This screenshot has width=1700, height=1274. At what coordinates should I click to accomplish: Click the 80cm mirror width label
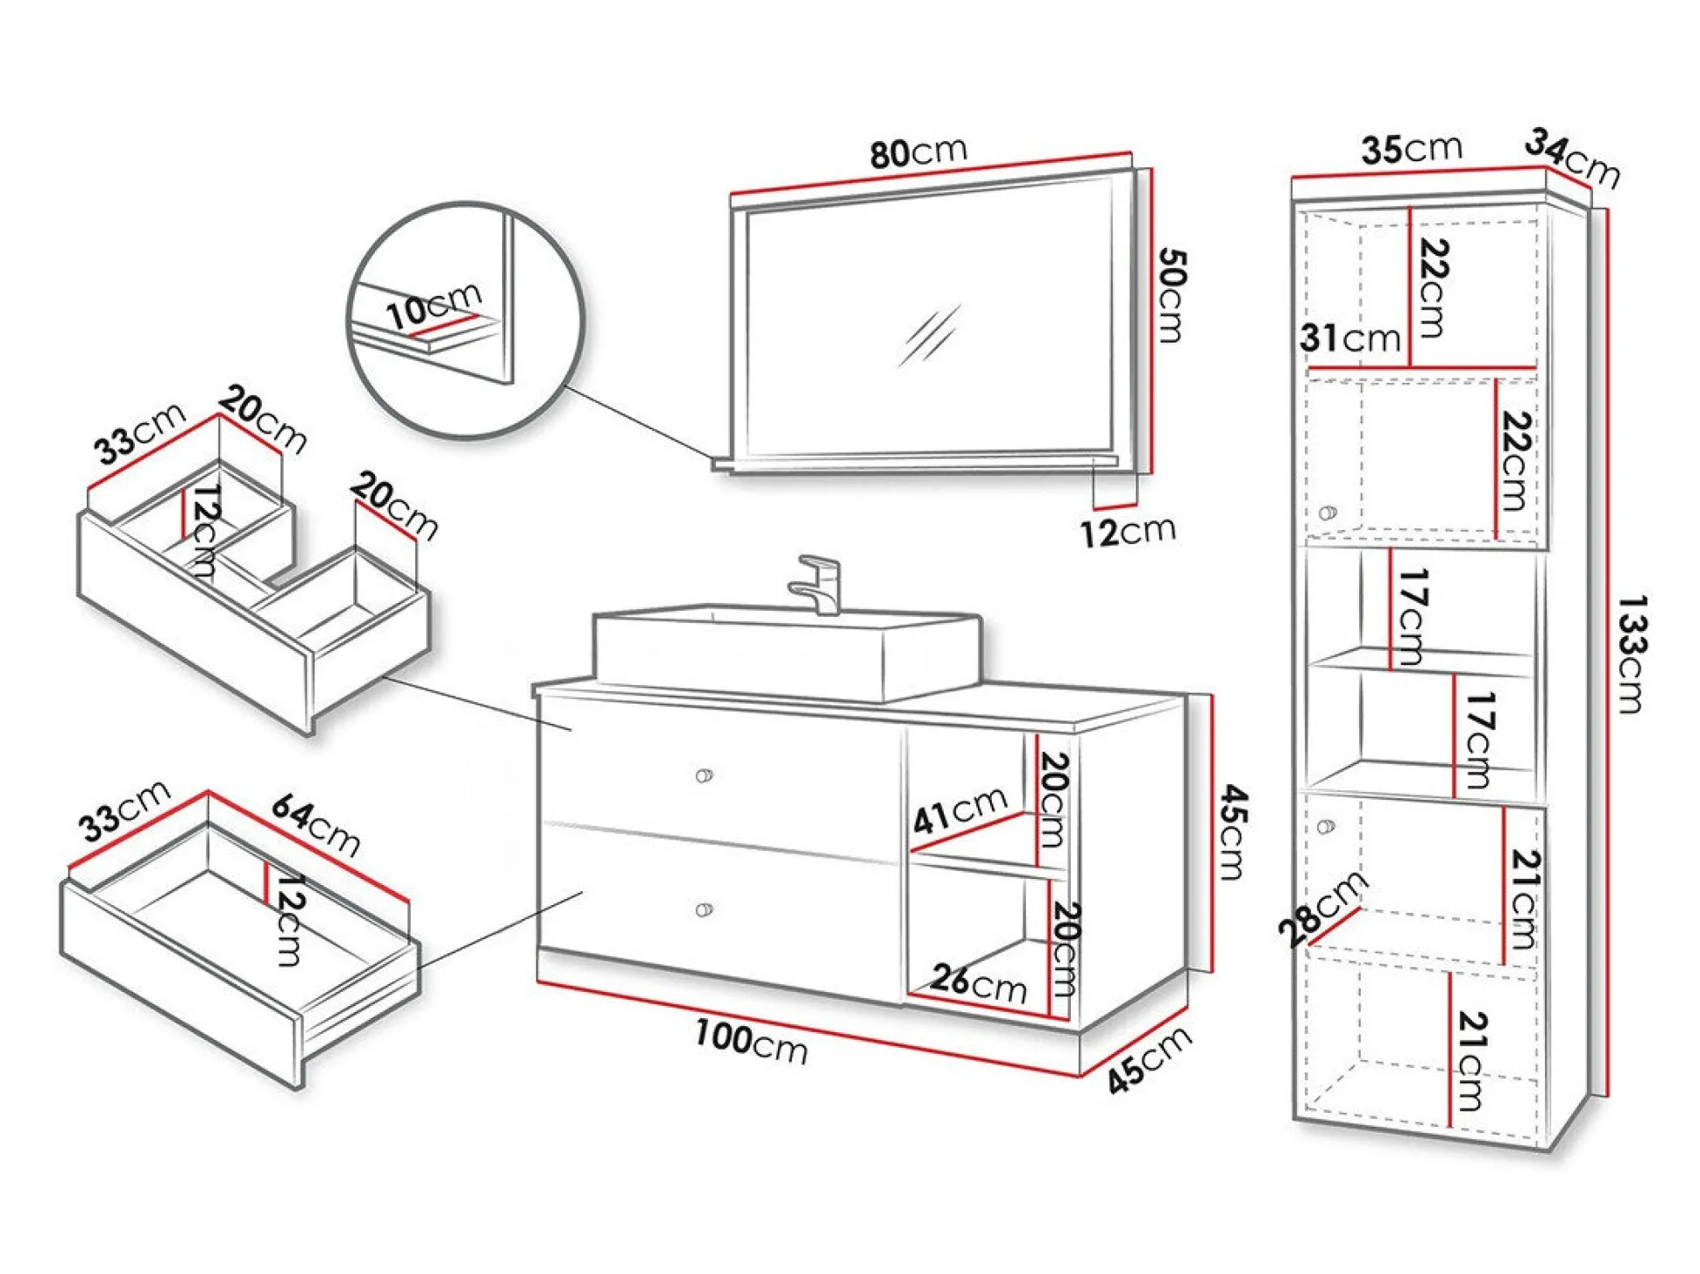(917, 152)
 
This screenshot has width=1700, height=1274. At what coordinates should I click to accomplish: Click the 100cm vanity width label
(750, 1041)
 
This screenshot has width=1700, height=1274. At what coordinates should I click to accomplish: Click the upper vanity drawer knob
(703, 775)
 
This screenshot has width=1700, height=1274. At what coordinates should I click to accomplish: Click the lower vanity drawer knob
(703, 910)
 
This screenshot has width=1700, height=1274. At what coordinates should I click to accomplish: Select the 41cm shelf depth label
(960, 810)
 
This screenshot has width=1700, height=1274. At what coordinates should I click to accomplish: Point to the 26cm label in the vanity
(978, 983)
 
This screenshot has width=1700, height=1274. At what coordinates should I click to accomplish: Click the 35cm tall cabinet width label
(1411, 149)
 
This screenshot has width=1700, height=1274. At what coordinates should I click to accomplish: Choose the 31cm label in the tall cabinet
(1349, 337)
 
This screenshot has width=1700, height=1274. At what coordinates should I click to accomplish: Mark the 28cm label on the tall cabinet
(1321, 908)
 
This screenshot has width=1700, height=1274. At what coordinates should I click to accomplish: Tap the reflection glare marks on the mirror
(930, 335)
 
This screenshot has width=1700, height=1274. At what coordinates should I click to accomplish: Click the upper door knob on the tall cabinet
(1328, 513)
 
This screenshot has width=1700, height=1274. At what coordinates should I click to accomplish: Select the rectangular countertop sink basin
(786, 653)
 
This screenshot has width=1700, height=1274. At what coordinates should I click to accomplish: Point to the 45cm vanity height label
(1232, 832)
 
